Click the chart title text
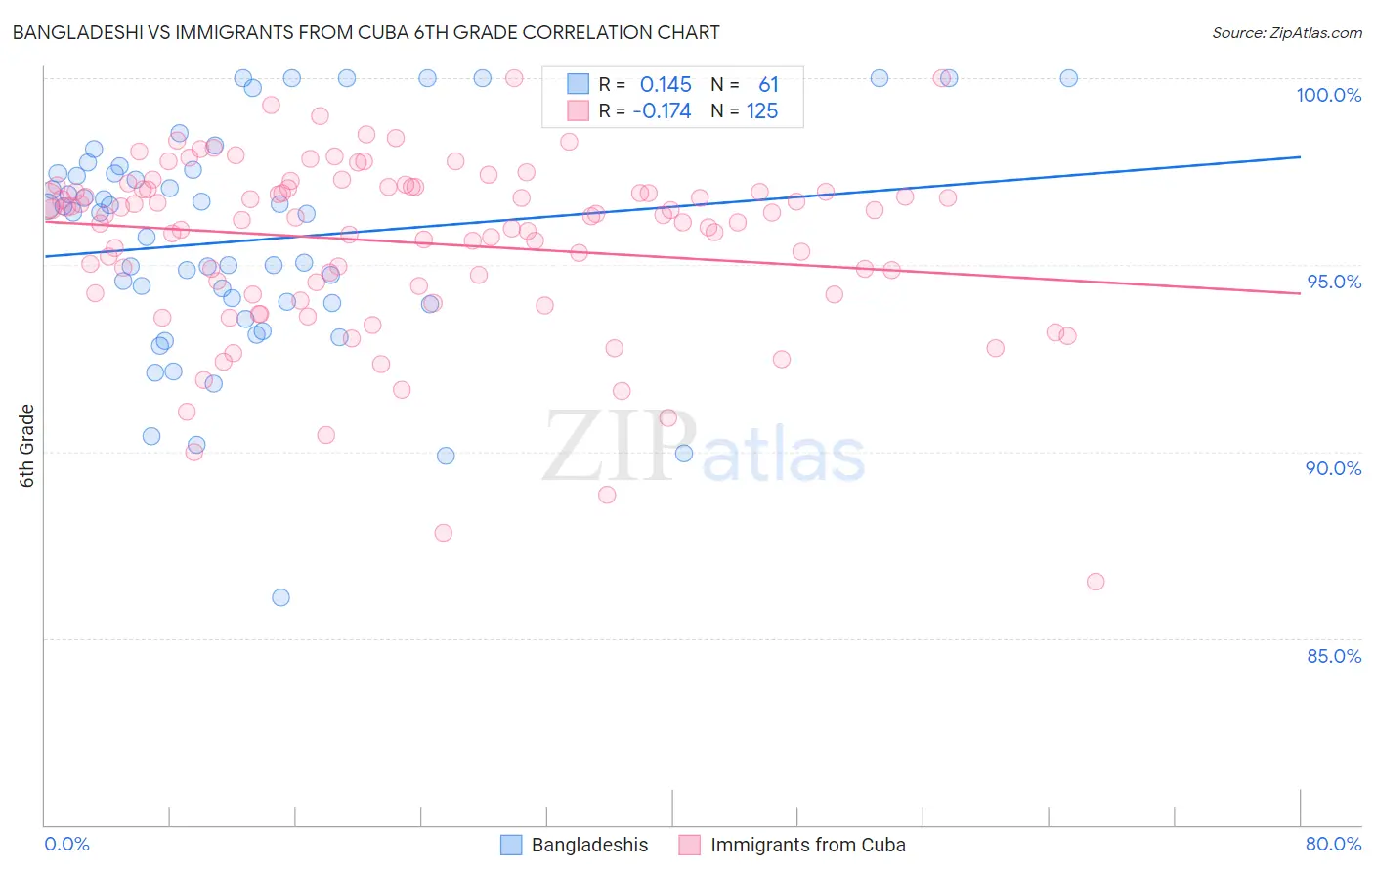[366, 32]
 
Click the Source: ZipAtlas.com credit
[1286, 33]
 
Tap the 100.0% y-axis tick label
[1328, 95]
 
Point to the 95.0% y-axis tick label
[1334, 282]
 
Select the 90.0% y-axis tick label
[1334, 468]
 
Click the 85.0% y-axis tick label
[1334, 656]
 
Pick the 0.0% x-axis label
[66, 844]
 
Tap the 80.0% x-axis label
[1333, 844]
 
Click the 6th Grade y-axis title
[27, 446]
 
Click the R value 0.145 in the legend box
[666, 85]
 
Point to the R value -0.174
[662, 111]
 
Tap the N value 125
[762, 111]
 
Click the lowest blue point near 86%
[280, 597]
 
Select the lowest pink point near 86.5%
[1095, 582]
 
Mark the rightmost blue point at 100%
[1069, 78]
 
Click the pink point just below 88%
[444, 533]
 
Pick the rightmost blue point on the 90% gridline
[684, 454]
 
